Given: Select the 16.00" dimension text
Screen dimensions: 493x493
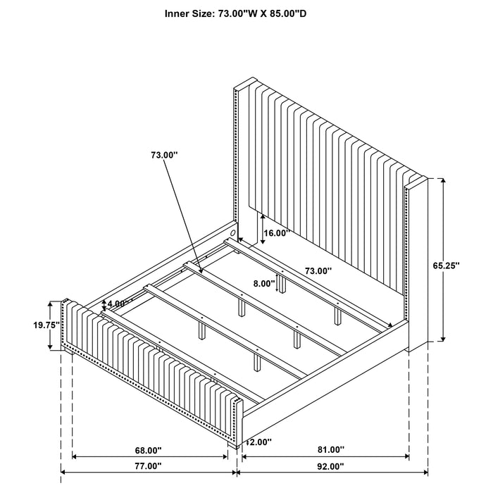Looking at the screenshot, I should pyautogui.click(x=277, y=233).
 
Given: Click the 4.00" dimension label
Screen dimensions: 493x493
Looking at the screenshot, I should pyautogui.click(x=118, y=304).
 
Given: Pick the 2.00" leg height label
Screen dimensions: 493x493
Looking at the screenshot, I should pyautogui.click(x=260, y=442).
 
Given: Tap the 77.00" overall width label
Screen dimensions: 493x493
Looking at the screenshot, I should pyautogui.click(x=149, y=486).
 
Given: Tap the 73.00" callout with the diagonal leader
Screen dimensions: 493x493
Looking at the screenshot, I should pyautogui.click(x=163, y=153).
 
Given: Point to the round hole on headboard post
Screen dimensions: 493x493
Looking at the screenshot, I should pyautogui.click(x=233, y=232).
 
